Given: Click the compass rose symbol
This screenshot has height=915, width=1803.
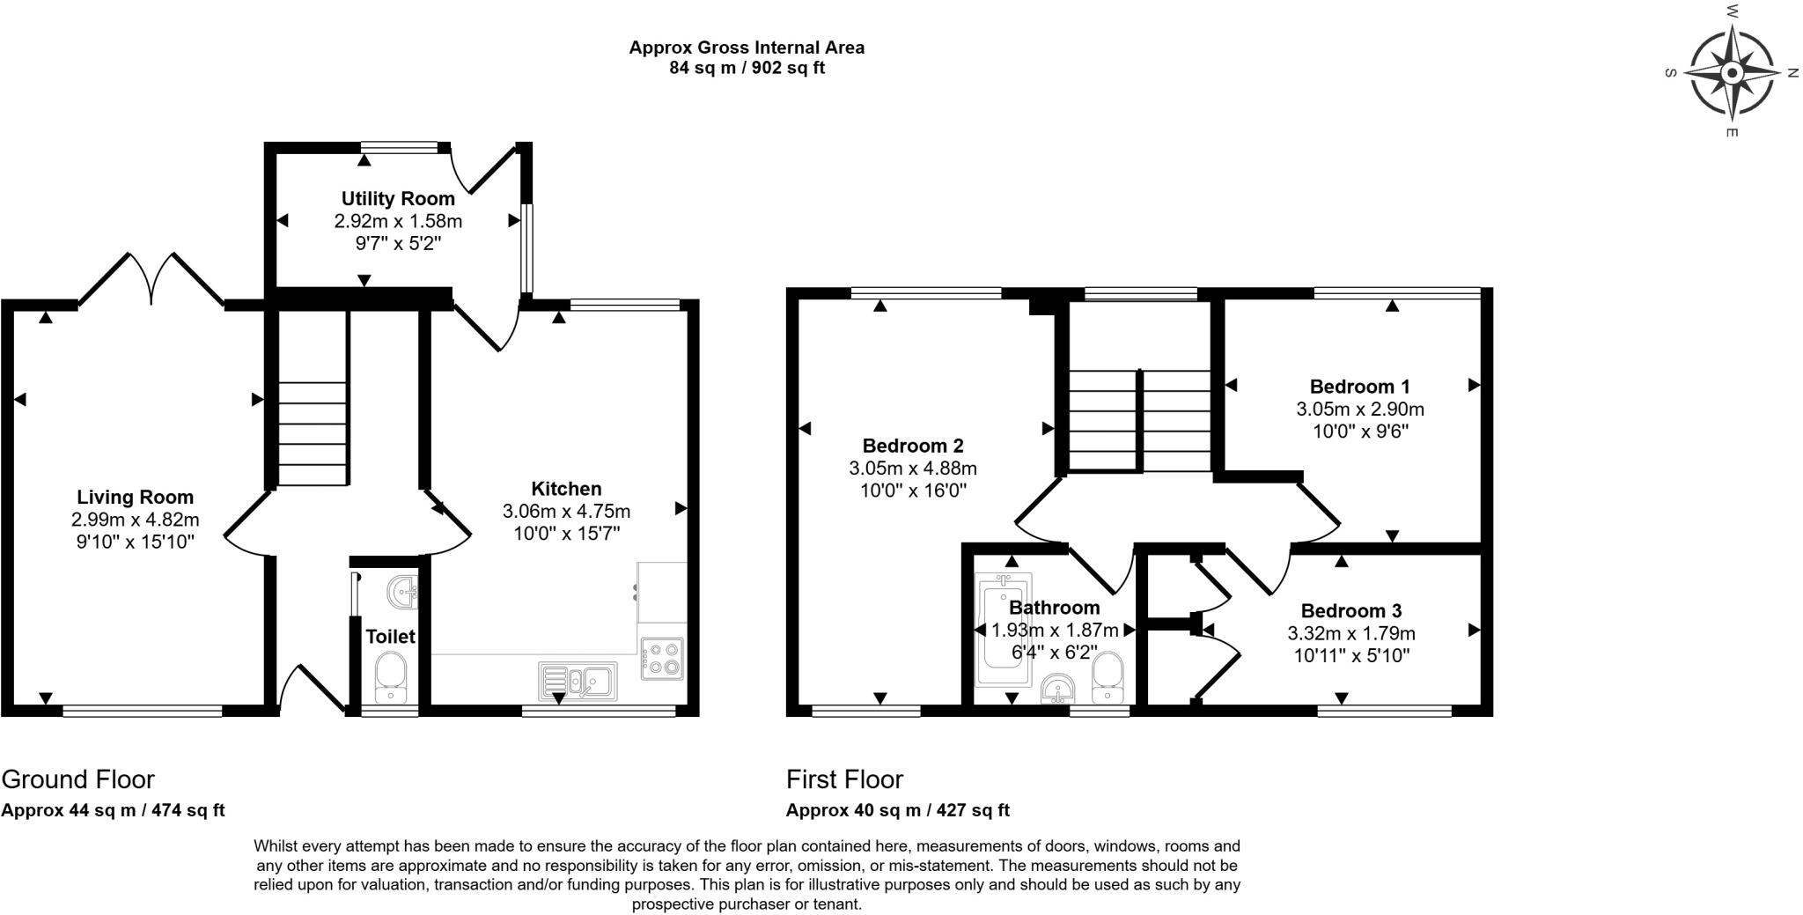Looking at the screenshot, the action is tap(1732, 73).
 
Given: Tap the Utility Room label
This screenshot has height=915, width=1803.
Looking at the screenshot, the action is tap(398, 199).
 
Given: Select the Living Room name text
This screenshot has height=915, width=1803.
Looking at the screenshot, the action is tap(135, 498).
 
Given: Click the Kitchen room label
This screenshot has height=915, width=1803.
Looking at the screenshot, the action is tap(566, 489).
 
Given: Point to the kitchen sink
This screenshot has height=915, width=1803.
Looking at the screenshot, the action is tap(578, 681).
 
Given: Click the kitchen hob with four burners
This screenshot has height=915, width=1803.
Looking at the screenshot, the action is tap(662, 658).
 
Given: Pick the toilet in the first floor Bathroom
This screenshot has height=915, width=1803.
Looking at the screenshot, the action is tap(1108, 678).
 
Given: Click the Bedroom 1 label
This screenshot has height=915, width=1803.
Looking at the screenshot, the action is tap(1360, 387).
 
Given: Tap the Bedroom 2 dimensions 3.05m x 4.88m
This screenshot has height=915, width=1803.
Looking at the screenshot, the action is tap(913, 469).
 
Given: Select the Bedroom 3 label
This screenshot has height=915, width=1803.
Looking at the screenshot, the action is tap(1351, 611).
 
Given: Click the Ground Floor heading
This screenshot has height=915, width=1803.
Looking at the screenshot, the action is tap(77, 779).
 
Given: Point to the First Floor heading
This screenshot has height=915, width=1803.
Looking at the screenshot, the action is tap(844, 779).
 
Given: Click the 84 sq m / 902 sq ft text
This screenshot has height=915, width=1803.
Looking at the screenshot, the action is tap(747, 68).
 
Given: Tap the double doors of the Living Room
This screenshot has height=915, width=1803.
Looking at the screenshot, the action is tap(151, 279).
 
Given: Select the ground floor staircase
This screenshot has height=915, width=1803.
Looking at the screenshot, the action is tap(313, 398).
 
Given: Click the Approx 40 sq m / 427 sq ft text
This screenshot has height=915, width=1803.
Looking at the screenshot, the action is tap(898, 810).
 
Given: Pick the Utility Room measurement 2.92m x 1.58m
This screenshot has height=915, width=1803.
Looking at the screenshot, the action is tap(398, 221).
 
